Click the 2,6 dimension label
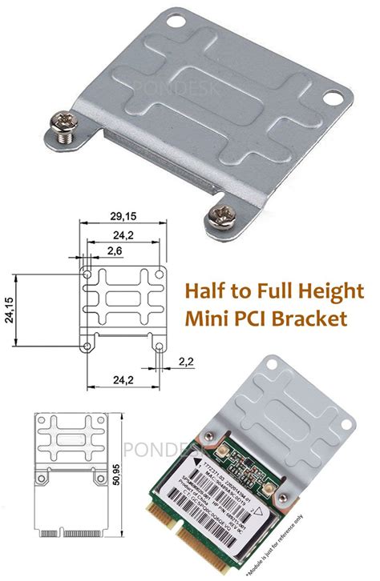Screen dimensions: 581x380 click(115, 251)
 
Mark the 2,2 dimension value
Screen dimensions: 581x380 click(186, 361)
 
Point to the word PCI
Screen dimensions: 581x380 click(258, 319)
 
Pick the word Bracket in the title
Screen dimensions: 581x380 click(315, 319)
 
